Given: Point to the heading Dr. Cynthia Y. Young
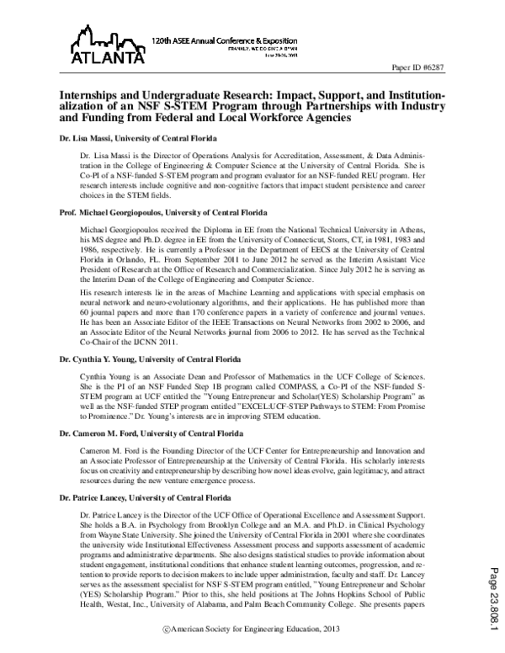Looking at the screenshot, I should [144, 358].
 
